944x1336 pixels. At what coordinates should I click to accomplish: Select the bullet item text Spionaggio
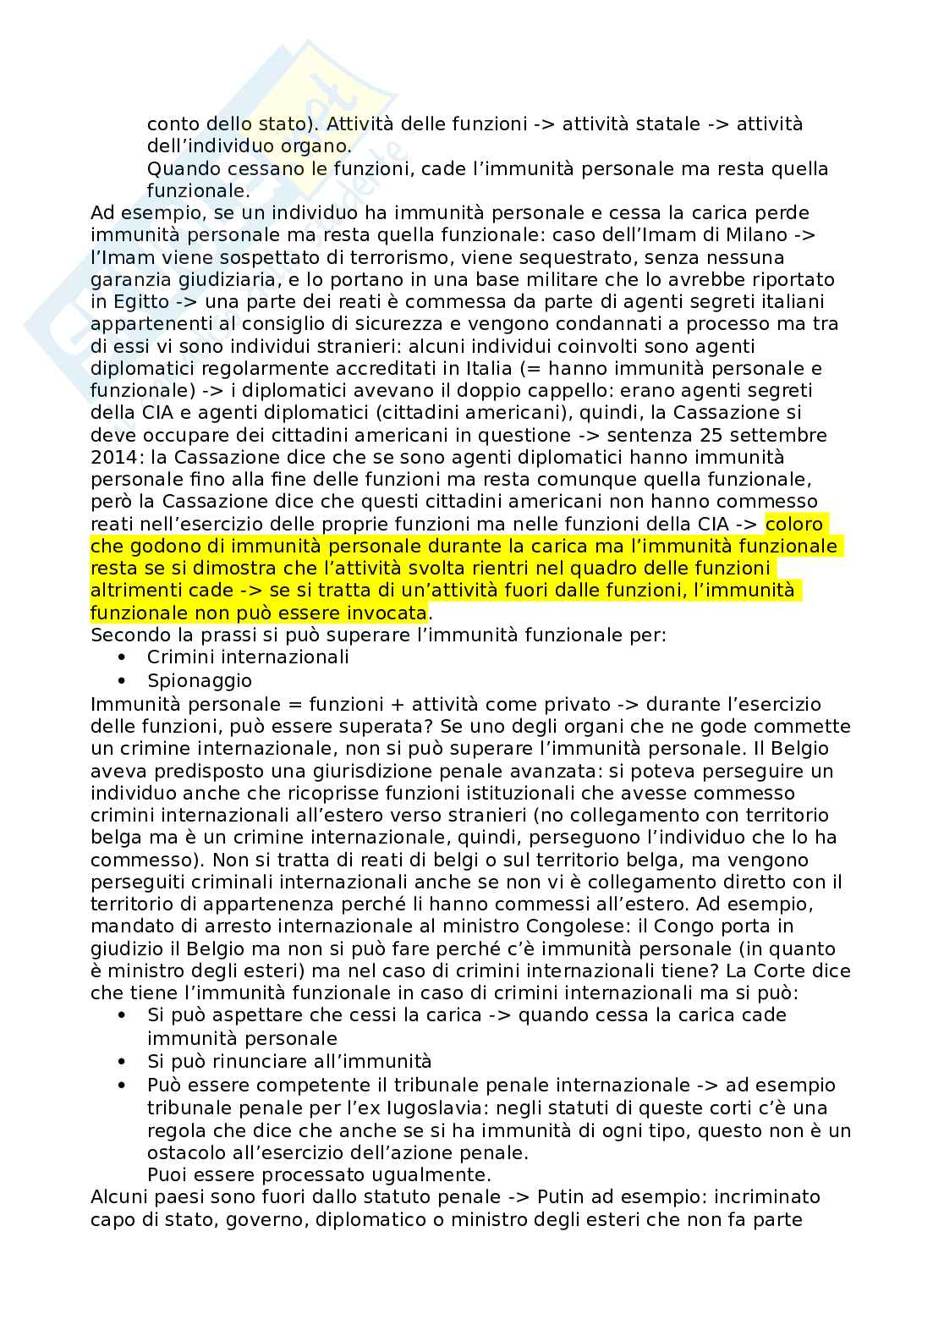click(x=200, y=680)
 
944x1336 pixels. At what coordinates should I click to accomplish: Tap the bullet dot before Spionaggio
click(x=123, y=680)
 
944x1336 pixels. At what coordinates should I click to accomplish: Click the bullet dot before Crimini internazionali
click(x=123, y=657)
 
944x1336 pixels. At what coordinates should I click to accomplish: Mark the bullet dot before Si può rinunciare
click(x=123, y=1062)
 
